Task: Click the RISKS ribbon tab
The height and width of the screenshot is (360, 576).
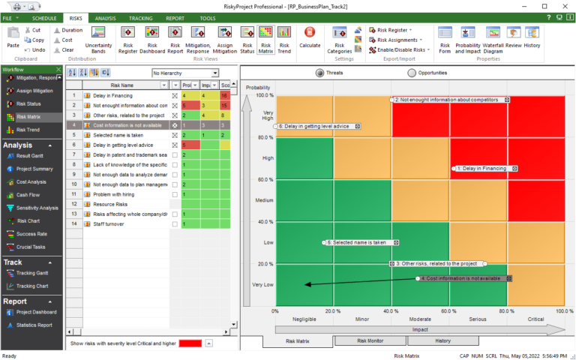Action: point(76,17)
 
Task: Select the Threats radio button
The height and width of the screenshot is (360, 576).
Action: point(320,73)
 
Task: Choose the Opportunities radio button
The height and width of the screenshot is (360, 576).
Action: point(412,73)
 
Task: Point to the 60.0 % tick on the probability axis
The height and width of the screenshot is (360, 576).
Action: point(264,180)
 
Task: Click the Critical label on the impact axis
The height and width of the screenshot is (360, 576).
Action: point(535,319)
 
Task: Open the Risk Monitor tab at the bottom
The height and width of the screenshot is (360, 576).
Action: point(370,340)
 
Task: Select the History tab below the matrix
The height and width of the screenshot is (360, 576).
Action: point(443,340)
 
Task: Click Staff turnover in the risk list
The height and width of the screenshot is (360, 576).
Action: point(109,223)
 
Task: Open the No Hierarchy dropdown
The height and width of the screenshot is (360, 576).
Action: point(184,73)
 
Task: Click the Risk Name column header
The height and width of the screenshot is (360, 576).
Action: point(122,85)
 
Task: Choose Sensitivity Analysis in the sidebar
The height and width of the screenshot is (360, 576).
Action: point(37,208)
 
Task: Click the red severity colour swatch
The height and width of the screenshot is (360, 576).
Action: point(190,343)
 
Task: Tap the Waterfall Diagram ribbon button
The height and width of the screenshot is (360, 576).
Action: point(493,47)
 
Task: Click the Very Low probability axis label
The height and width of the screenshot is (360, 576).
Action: point(262,284)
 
